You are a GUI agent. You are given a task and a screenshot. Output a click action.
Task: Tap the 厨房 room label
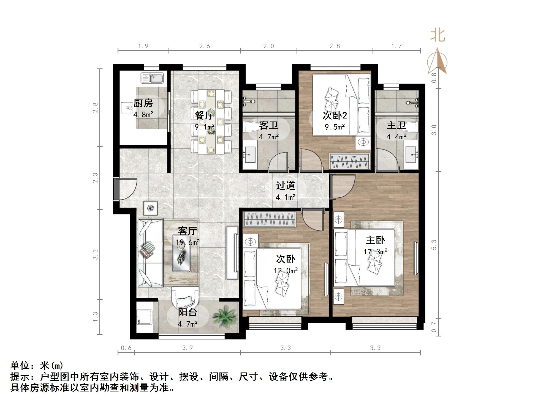click(143, 103)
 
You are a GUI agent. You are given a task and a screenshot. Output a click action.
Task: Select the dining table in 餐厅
click(211, 122)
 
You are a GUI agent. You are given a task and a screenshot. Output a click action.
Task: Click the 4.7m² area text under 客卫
click(268, 136)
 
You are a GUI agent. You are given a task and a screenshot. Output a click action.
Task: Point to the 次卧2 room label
click(335, 115)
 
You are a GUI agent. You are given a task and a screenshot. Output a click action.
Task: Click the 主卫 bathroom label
click(396, 125)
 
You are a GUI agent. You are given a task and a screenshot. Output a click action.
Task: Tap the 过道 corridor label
click(286, 186)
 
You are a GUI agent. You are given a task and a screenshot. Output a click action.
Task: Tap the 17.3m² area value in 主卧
click(375, 251)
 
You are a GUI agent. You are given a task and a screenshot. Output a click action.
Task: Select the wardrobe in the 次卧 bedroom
click(270, 219)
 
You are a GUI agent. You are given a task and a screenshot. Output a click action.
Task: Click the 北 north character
click(438, 35)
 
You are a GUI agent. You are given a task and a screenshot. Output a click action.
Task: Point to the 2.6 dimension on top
click(205, 46)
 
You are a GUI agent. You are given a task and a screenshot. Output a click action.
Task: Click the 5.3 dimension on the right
click(434, 245)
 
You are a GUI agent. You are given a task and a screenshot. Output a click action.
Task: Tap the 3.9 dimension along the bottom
click(187, 348)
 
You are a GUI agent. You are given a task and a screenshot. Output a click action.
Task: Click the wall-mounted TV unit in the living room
click(232, 253)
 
